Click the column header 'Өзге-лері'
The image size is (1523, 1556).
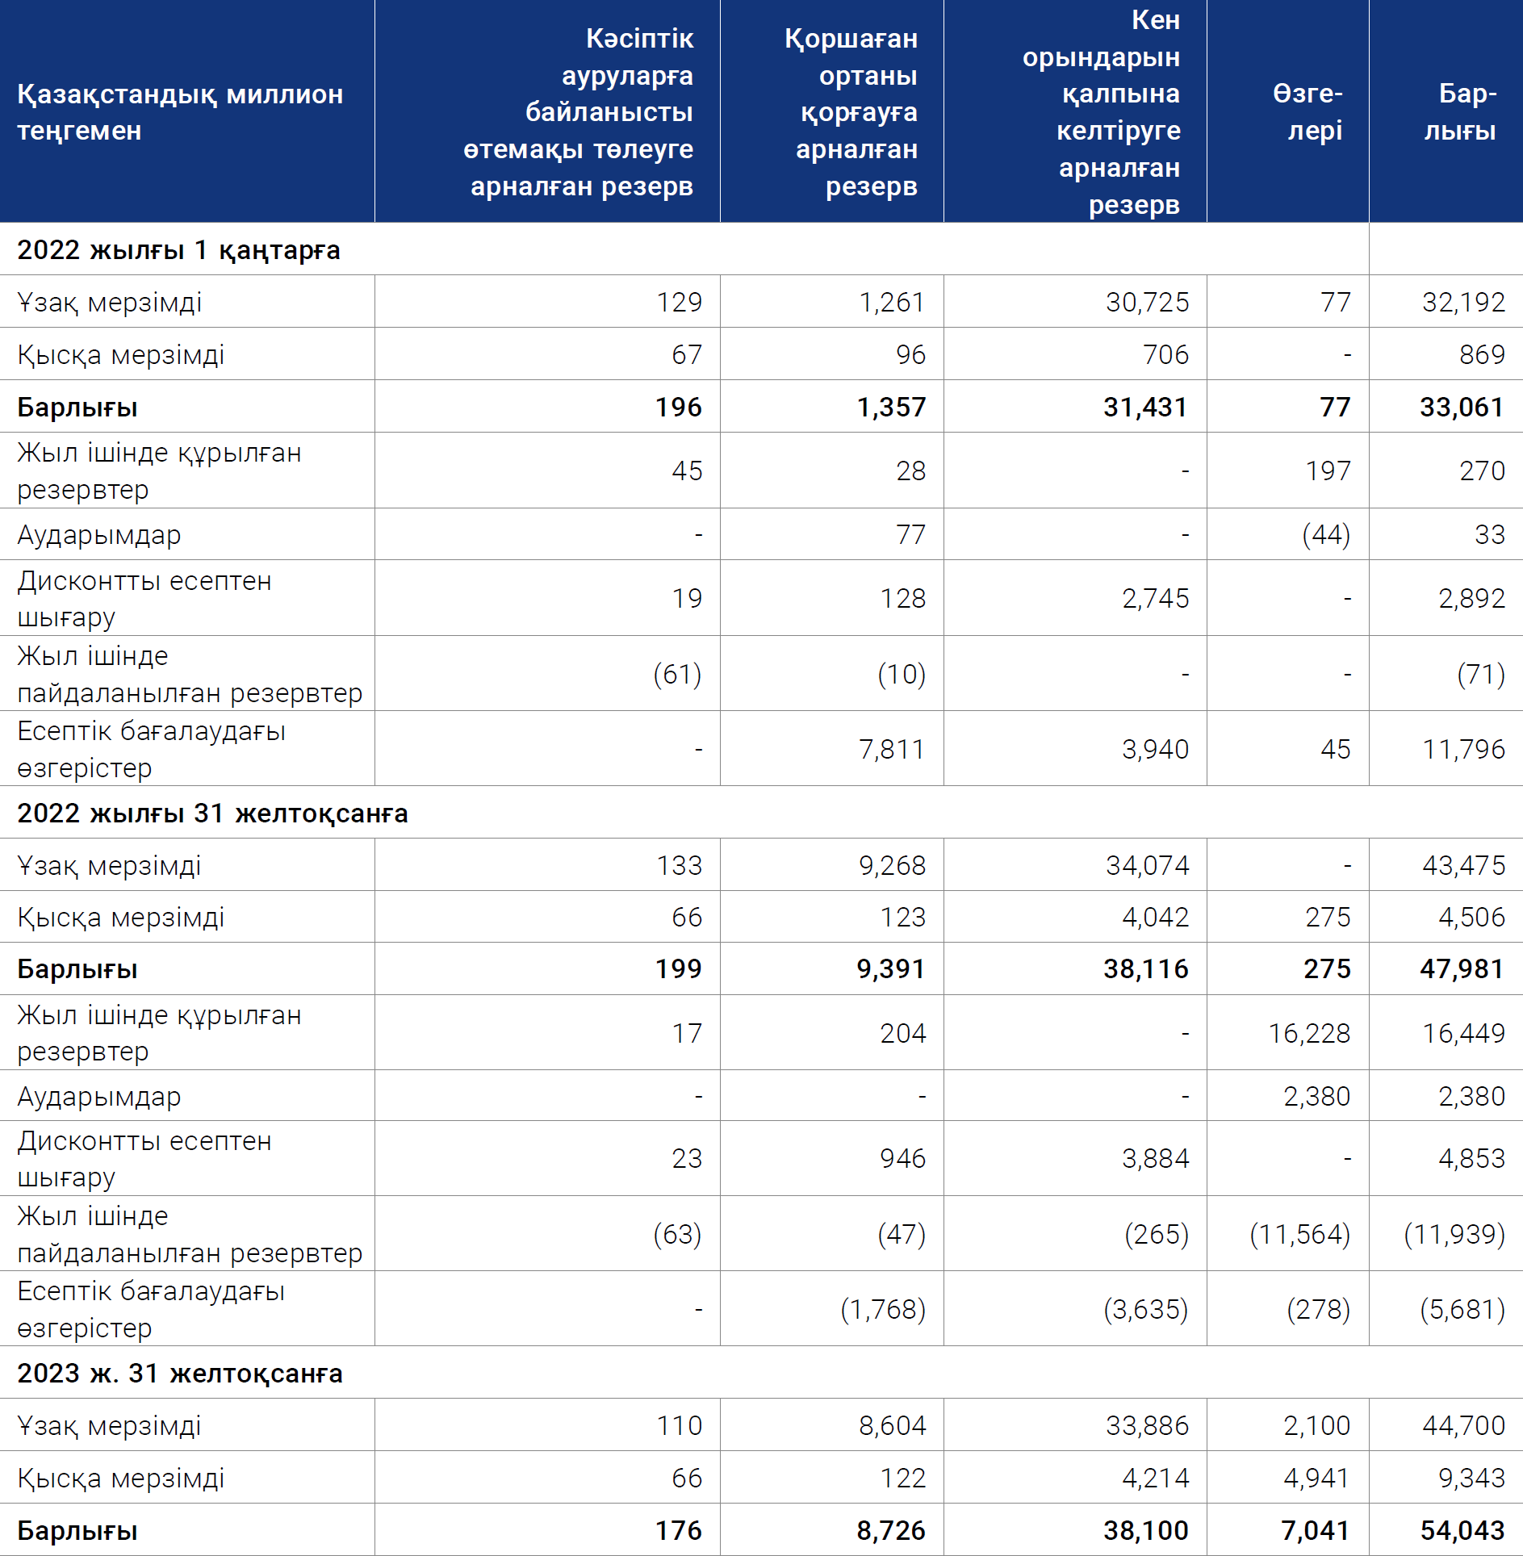coord(1308,111)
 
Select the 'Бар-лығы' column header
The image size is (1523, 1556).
coord(1460,111)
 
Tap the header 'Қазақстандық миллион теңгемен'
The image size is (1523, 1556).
coord(180,112)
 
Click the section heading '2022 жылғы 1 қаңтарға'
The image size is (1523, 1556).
coord(178,250)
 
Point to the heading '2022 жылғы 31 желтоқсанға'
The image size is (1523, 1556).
coord(212,813)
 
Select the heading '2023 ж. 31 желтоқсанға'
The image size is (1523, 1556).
coord(180,1373)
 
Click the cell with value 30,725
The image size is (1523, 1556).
coord(1147,302)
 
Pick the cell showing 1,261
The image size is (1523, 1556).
coord(892,302)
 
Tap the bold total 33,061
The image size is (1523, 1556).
coord(1462,407)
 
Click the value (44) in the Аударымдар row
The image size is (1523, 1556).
coord(1326,534)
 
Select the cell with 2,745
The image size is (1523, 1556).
coord(1155,598)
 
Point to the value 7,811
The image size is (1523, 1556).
coord(892,749)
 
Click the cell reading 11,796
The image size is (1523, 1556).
coord(1463,749)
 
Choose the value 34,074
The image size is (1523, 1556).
coord(1147,865)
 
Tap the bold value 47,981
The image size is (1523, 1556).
coord(1462,968)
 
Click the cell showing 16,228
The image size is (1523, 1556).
coord(1309,1033)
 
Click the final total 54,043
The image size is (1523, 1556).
coord(1462,1530)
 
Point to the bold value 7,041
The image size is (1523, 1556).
coord(1316,1530)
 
